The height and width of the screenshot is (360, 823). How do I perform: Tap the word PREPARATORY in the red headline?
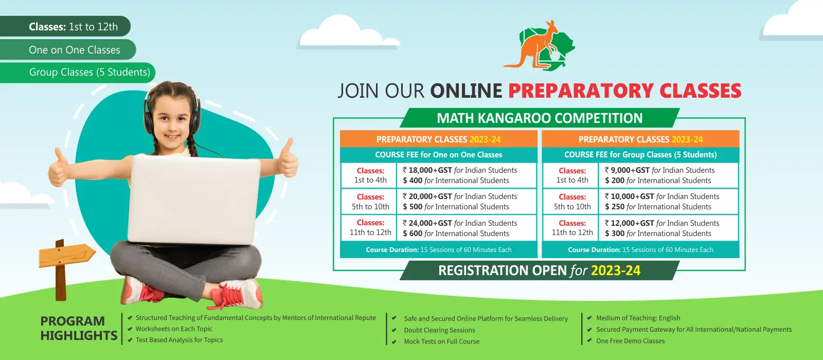point(581,91)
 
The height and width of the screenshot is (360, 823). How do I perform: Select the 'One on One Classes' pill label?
point(75,50)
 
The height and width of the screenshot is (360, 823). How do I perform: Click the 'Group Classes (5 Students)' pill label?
point(90,72)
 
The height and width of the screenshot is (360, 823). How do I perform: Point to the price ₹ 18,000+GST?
point(427,170)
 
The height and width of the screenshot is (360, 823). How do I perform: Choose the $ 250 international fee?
point(615,207)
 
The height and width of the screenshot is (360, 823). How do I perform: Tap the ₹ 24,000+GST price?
point(427,223)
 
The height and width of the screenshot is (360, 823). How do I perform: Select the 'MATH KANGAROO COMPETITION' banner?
point(540,118)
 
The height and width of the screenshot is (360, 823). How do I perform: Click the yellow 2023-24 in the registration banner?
point(616,271)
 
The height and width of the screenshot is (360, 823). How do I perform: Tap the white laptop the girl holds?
point(193,200)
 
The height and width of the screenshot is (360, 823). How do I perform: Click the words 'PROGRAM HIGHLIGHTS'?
point(79,328)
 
